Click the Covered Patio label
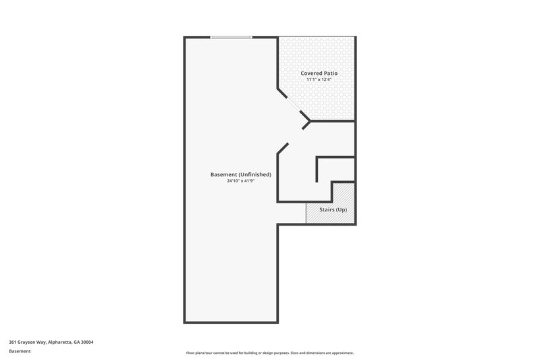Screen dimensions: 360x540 click(319, 73)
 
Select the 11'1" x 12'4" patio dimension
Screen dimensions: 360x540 click(319, 80)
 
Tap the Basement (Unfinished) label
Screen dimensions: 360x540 click(241, 174)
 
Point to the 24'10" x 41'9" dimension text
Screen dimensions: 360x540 click(241, 181)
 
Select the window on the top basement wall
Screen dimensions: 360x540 click(232, 37)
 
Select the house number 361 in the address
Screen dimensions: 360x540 click(13, 342)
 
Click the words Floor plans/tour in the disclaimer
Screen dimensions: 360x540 click(199, 353)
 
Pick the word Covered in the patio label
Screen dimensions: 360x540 click(311, 73)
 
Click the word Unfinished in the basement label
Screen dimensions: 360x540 click(255, 174)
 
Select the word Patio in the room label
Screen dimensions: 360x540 click(330, 73)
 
